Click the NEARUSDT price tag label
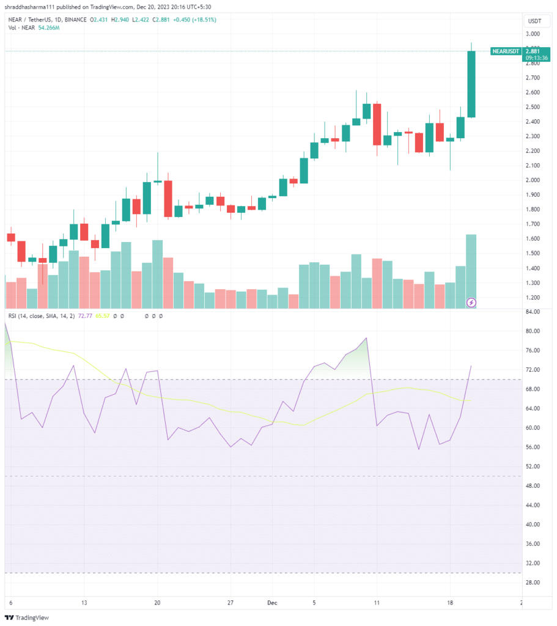506,51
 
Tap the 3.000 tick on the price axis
533,34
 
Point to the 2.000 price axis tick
533,180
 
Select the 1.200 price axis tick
533,298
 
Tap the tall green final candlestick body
471,84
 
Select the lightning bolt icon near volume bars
471,302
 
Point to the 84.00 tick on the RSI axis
533,312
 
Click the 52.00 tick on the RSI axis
533,466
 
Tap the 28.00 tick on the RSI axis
533,583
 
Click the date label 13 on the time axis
84,602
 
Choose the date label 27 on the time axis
230,602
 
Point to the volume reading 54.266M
49,28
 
